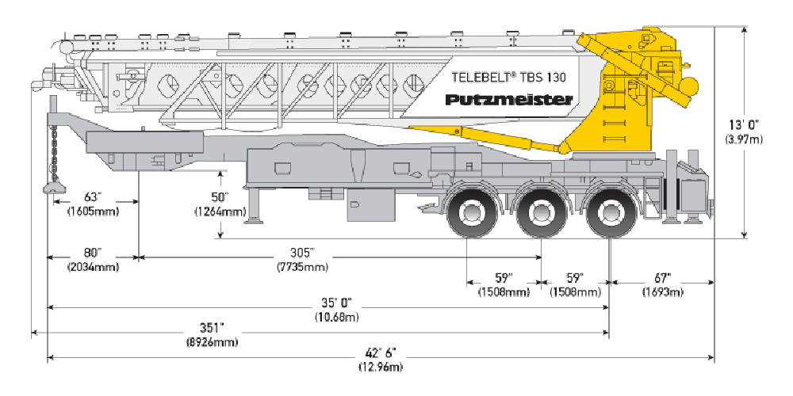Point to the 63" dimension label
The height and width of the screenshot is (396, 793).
click(94, 197)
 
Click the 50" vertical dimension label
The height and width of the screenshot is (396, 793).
click(220, 197)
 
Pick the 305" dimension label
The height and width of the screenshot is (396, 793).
click(301, 253)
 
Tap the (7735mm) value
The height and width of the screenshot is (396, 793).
click(301, 266)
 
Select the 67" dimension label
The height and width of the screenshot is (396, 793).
click(663, 278)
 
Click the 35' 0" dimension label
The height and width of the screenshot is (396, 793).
click(336, 303)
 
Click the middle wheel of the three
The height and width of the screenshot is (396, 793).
click(542, 212)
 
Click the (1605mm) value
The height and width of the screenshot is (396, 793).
click(94, 211)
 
